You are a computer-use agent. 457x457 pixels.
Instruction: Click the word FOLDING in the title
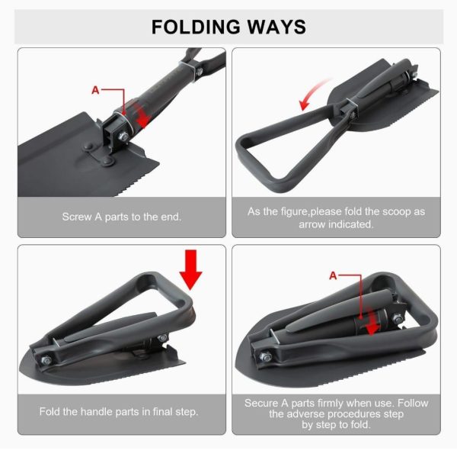pos(196,27)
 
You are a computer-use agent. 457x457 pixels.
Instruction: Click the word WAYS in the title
pos(276,27)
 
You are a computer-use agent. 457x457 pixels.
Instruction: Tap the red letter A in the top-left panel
pos(95,90)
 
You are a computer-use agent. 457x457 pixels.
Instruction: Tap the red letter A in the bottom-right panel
pos(333,275)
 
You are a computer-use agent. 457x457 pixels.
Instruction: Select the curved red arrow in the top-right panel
pos(314,93)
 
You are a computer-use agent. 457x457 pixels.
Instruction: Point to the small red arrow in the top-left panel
pos(142,114)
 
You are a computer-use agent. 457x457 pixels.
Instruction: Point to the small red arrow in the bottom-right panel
pos(372,322)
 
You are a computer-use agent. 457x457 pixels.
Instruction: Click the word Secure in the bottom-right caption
pos(261,403)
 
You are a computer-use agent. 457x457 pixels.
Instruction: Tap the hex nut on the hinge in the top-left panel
pos(123,136)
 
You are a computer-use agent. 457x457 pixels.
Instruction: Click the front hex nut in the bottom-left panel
pos(46,360)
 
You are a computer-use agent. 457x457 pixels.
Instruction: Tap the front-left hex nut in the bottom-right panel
pos(265,356)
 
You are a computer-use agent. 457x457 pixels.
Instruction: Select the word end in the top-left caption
pos(171,217)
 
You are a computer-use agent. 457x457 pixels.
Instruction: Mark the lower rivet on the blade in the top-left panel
pos(109,161)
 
